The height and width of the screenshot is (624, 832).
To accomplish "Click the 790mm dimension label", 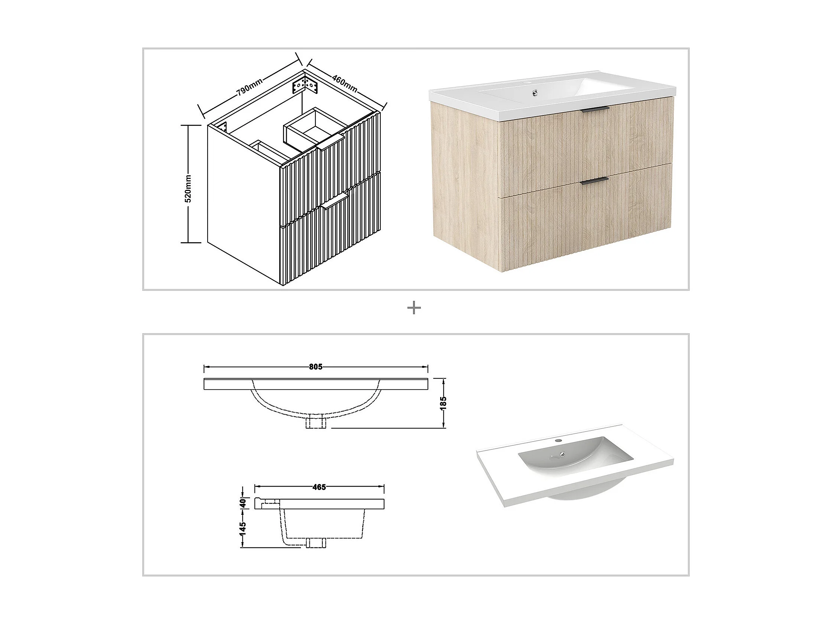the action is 249,87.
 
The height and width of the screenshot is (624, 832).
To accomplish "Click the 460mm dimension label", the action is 344,83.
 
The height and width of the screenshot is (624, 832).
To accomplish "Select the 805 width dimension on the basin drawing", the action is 316,367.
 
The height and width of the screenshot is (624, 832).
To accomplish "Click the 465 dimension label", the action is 319,487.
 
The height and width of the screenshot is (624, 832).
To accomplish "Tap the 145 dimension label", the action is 243,529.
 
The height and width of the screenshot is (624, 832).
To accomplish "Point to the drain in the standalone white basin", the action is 562,454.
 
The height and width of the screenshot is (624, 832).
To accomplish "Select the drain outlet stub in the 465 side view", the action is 316,543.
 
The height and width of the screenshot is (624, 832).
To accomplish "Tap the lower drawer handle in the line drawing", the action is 335,201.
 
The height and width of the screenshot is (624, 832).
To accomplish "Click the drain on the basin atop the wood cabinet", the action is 534,91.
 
